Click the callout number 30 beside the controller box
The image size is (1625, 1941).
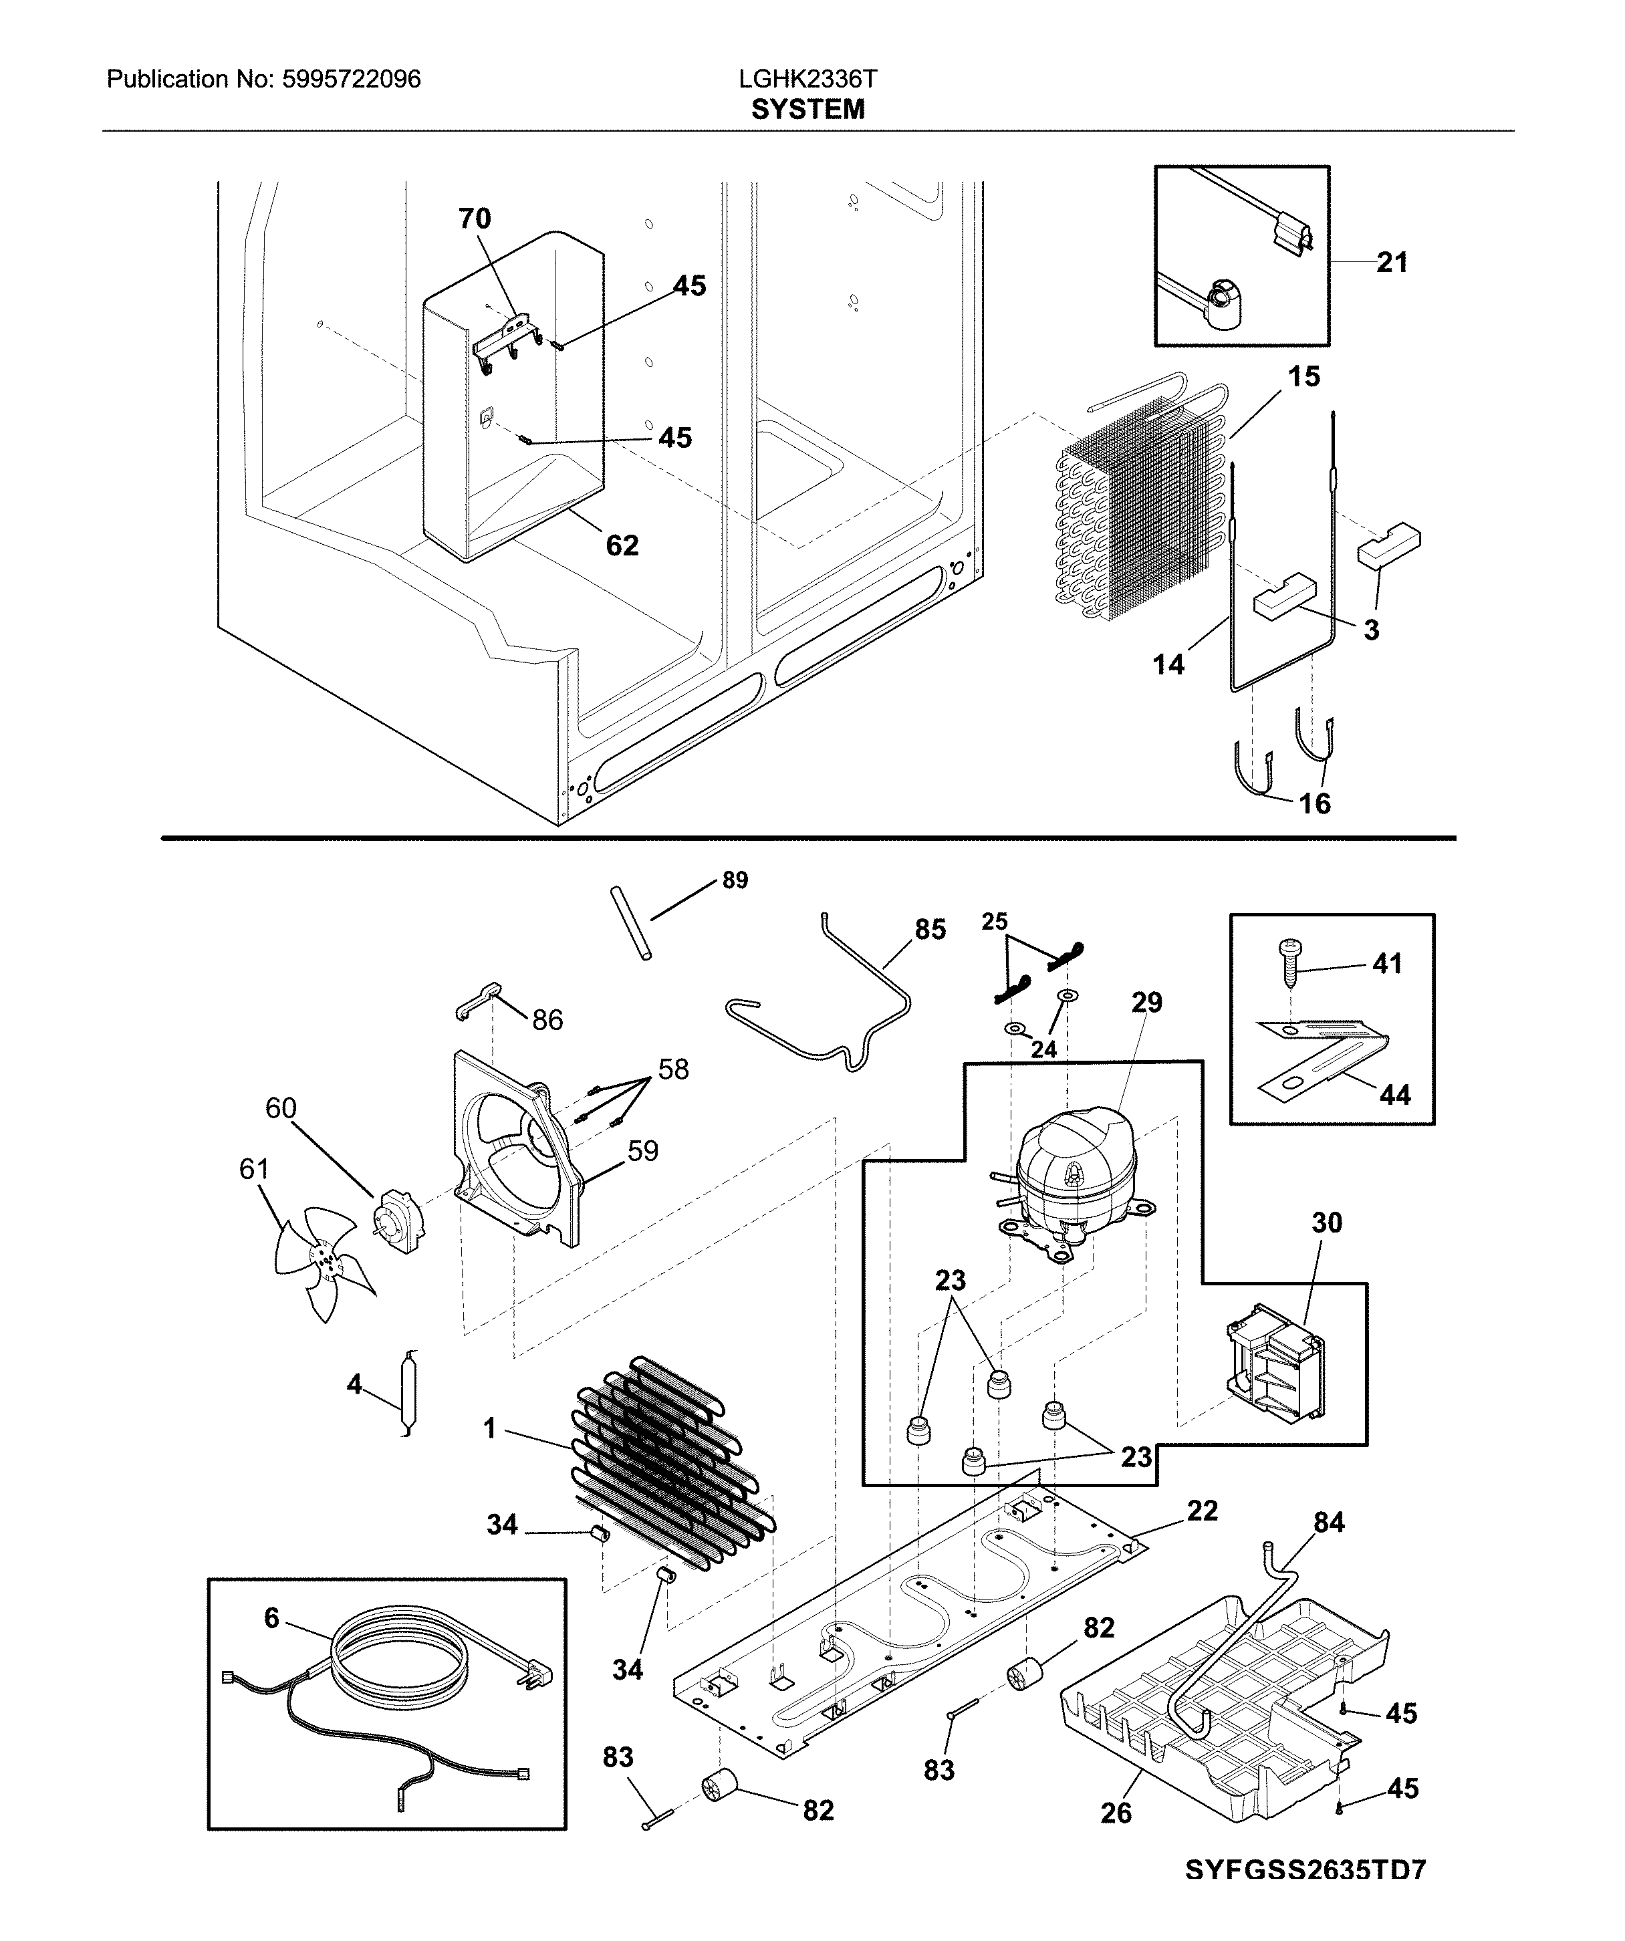click(x=1326, y=1223)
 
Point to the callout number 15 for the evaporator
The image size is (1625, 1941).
click(x=1303, y=376)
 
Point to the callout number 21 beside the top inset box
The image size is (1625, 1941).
click(x=1391, y=263)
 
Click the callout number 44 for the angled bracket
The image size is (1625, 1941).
click(x=1395, y=1095)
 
